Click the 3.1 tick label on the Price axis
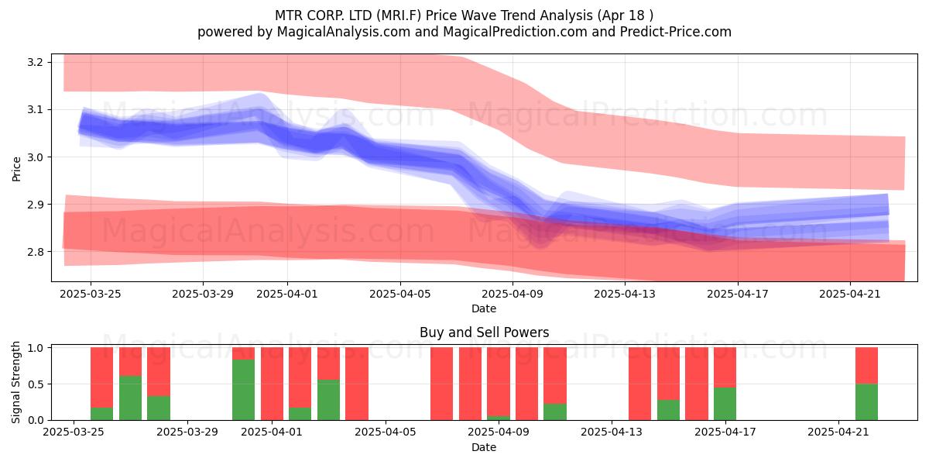click(x=36, y=109)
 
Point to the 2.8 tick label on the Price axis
click(x=36, y=252)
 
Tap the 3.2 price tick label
click(x=36, y=62)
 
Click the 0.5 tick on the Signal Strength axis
click(x=36, y=384)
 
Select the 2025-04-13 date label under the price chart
click(x=625, y=294)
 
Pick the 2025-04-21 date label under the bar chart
click(x=838, y=432)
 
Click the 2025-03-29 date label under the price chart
click(x=203, y=294)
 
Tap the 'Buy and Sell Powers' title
click(x=484, y=332)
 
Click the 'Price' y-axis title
click(x=16, y=169)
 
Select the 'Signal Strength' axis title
click(x=15, y=382)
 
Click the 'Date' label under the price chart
click(x=484, y=308)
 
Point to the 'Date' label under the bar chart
click(x=484, y=447)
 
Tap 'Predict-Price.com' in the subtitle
click(x=676, y=32)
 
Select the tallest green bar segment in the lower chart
click(x=243, y=390)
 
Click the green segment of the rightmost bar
click(x=866, y=402)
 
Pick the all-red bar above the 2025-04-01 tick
click(x=272, y=384)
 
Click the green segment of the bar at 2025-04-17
click(x=725, y=404)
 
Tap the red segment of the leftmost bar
click(x=101, y=377)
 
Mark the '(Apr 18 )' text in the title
click(x=626, y=15)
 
